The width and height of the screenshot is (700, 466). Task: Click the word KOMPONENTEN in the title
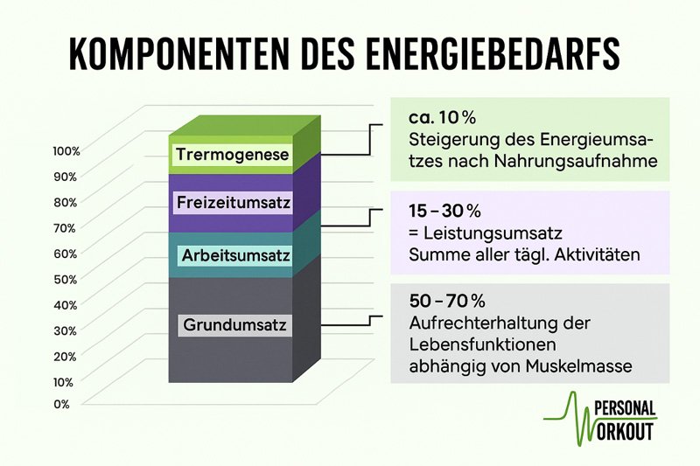(x=178, y=53)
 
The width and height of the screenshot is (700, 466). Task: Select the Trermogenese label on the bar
(x=233, y=155)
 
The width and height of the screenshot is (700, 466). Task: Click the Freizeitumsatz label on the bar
(x=234, y=203)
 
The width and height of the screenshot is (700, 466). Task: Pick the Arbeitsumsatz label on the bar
(x=235, y=256)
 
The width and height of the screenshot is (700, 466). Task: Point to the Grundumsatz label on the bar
(x=234, y=324)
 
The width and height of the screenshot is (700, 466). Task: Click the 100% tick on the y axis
(x=66, y=151)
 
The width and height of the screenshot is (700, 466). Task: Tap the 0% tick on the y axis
(x=61, y=404)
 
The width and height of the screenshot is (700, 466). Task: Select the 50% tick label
(x=66, y=280)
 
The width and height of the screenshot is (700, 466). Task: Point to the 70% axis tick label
(x=65, y=228)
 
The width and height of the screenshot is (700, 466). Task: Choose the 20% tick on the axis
(x=65, y=357)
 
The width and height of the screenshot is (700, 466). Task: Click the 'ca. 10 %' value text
(x=443, y=118)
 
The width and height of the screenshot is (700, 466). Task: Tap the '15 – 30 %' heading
(x=444, y=211)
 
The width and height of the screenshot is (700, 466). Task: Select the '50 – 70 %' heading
(x=447, y=301)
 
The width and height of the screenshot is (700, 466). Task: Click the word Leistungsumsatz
(x=493, y=233)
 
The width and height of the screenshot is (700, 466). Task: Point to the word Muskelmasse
(x=578, y=366)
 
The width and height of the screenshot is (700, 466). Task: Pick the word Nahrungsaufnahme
(x=576, y=161)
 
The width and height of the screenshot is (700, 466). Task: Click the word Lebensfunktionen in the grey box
(x=483, y=344)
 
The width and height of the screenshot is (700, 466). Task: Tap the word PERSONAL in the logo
(x=626, y=408)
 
